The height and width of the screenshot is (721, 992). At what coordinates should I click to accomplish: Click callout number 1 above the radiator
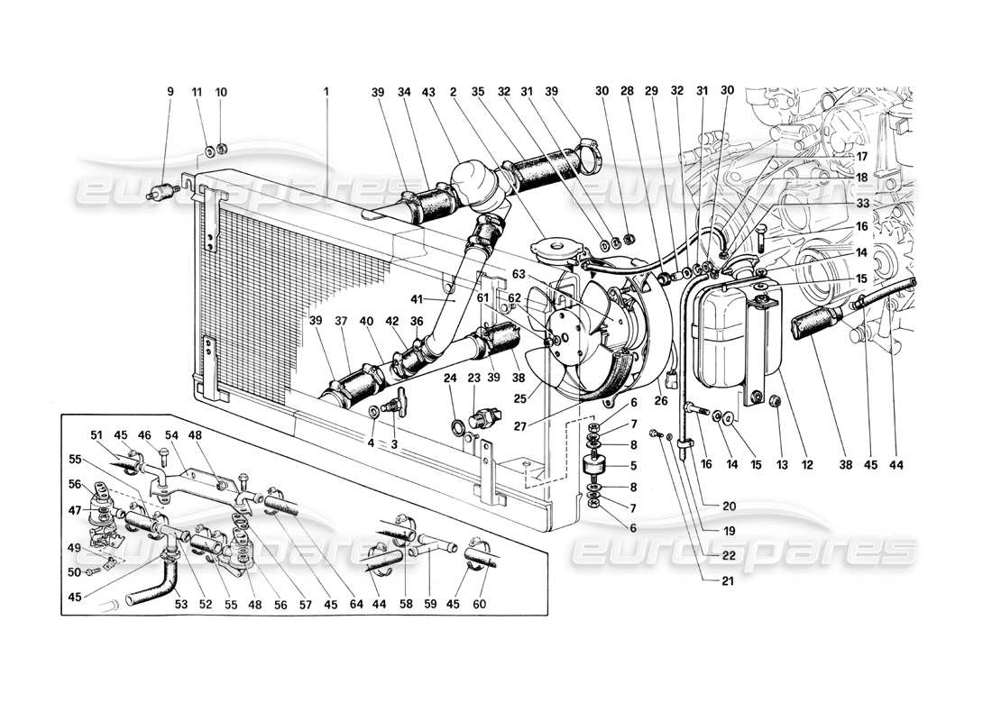(x=326, y=92)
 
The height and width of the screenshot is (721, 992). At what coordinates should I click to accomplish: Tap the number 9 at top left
(x=170, y=92)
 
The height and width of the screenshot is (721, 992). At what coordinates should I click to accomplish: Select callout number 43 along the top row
(x=429, y=92)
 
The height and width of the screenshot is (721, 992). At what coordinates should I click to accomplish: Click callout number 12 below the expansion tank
(x=807, y=465)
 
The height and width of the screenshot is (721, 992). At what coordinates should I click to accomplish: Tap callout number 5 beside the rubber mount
(x=635, y=466)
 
